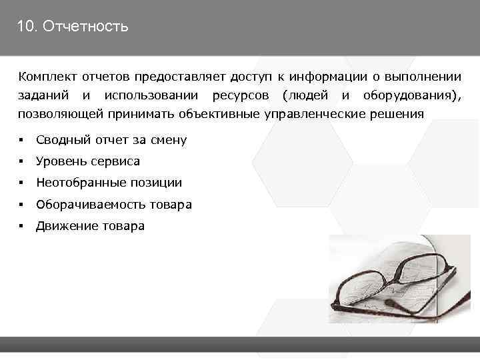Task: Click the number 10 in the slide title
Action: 25,27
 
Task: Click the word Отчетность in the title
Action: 84,27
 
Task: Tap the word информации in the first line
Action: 323,77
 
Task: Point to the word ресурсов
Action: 241,96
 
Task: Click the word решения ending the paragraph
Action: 397,114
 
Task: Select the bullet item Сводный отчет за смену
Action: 111,140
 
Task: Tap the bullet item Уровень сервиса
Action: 88,161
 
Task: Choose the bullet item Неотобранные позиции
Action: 109,183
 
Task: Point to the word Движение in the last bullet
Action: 67,226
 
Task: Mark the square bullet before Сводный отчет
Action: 22,140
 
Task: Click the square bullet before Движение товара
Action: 22,226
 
